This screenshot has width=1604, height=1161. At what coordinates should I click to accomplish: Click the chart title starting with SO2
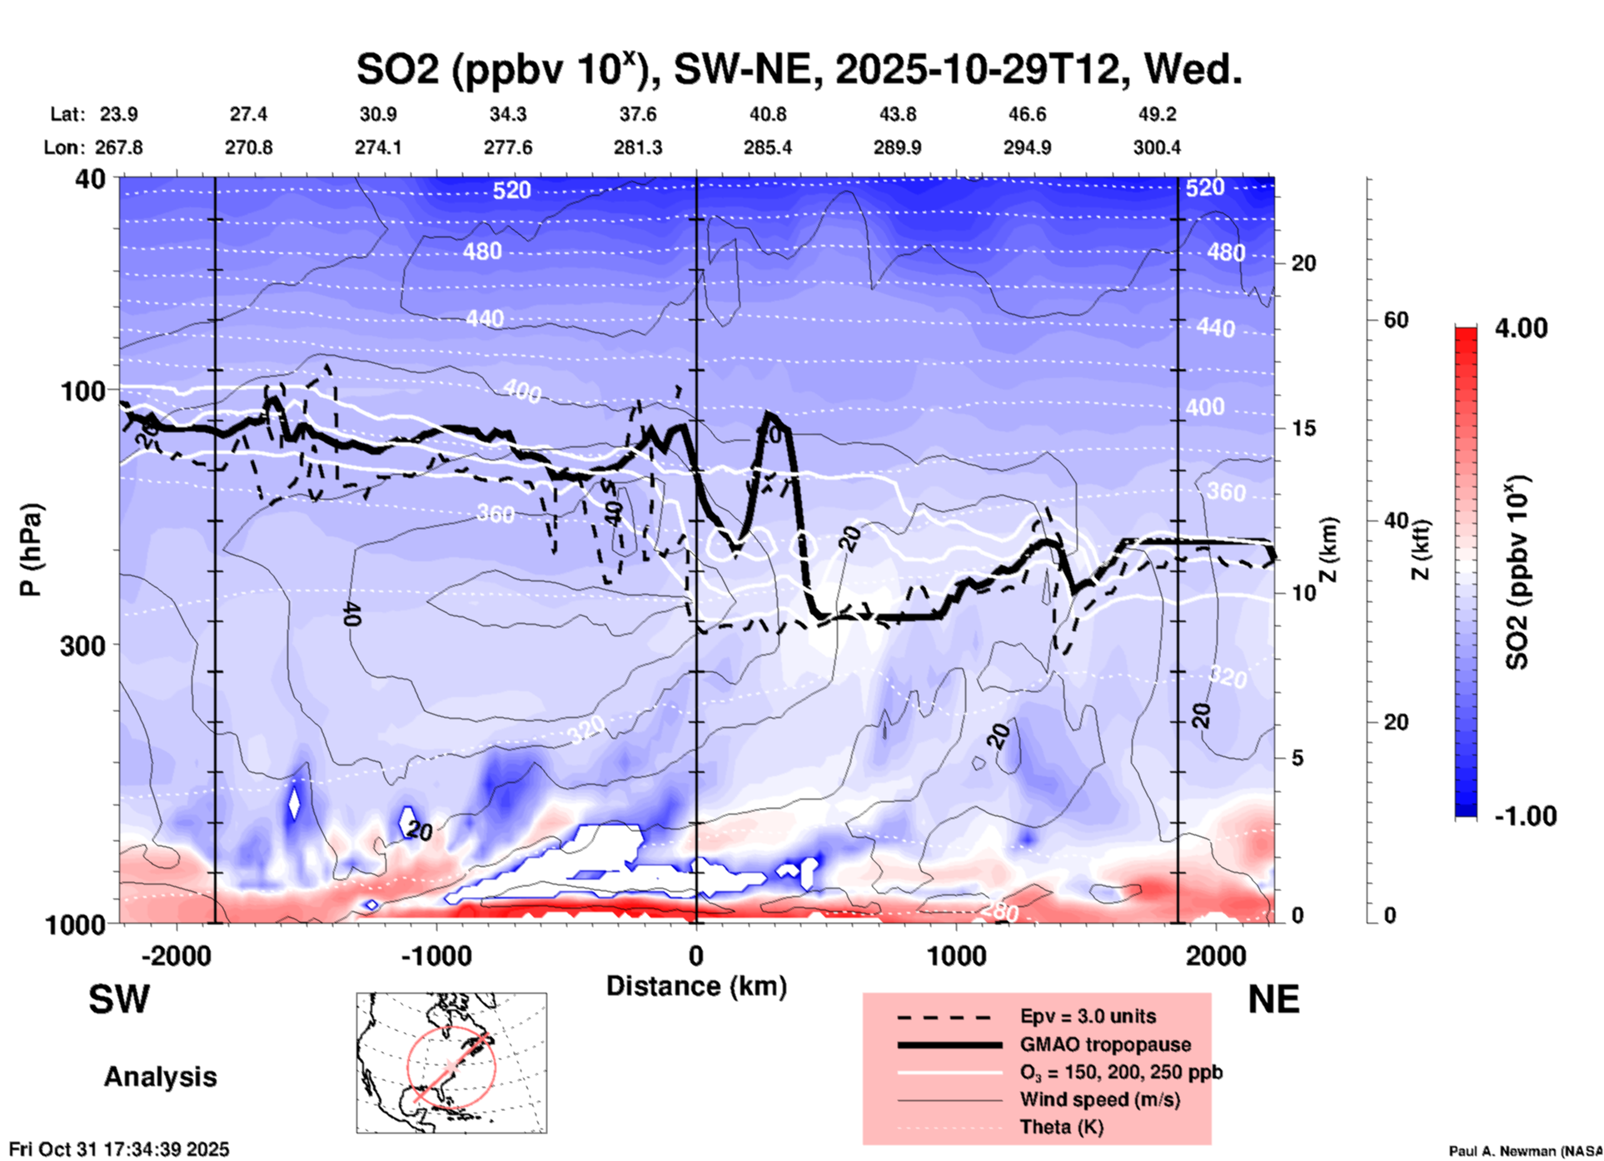coord(799,70)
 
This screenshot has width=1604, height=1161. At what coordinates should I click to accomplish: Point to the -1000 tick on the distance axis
coord(436,956)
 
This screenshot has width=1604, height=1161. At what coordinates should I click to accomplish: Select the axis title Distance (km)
coord(696,986)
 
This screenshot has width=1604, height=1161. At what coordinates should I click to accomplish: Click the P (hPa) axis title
coord(31,550)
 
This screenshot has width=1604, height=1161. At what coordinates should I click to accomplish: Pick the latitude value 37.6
coord(638,114)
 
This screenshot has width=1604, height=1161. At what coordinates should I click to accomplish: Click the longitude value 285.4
coord(767,147)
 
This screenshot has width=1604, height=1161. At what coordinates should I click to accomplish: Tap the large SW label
coord(119,1000)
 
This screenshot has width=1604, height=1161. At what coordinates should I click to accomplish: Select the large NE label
coord(1273,1000)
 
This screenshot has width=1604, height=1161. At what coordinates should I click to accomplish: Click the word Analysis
coord(160,1077)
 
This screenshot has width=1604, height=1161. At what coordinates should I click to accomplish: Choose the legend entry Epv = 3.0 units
coord(1088,1017)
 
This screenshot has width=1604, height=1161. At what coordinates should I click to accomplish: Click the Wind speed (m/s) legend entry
coord(1099,1099)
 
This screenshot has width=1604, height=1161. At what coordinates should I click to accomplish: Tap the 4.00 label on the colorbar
coord(1521,327)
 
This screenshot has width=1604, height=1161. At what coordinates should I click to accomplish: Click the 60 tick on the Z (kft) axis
coord(1396,320)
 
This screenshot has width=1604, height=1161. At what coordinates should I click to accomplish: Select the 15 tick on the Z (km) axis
coord(1303,428)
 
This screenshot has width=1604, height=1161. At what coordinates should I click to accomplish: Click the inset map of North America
coord(451,1062)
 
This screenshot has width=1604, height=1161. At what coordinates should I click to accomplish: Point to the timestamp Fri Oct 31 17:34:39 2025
coord(119,1149)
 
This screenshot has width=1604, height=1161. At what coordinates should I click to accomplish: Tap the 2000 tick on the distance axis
coord(1216,956)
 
